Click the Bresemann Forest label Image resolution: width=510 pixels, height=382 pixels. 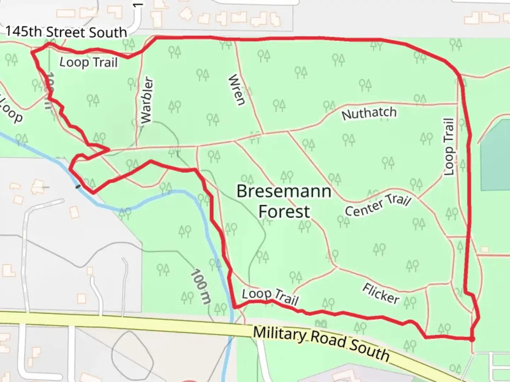pos(284,201)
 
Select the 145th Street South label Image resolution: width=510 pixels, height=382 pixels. pos(66,32)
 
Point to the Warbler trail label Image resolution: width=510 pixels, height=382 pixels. pos(146,100)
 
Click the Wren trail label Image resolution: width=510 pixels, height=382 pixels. pos(237,90)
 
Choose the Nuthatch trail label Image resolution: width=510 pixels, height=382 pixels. pos(369,114)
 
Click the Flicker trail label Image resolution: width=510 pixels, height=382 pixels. pos(381,294)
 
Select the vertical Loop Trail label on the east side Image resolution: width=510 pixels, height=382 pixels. pos(449,146)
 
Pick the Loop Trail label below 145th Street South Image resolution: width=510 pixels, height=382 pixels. pos(88,63)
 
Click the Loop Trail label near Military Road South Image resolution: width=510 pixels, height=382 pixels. pos(270,296)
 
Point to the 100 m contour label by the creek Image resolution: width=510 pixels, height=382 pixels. pos(201,286)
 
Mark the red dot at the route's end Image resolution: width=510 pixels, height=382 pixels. pos(472,339)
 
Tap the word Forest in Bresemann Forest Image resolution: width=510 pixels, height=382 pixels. pos(284,212)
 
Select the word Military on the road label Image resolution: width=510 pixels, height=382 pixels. pos(280,335)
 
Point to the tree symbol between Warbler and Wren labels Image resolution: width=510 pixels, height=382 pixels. pos(203,74)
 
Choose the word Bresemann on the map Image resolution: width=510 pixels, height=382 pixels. pos(284,191)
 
